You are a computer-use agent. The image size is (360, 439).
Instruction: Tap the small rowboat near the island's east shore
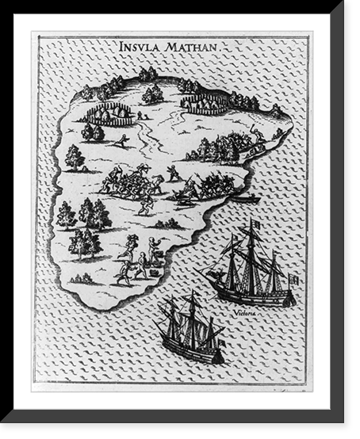click(x=243, y=198)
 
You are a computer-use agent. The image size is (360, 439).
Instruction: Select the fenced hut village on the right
click(x=204, y=102)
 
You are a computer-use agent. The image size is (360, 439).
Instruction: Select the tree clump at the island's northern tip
click(x=148, y=75)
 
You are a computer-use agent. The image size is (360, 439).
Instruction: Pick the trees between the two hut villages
click(x=152, y=94)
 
